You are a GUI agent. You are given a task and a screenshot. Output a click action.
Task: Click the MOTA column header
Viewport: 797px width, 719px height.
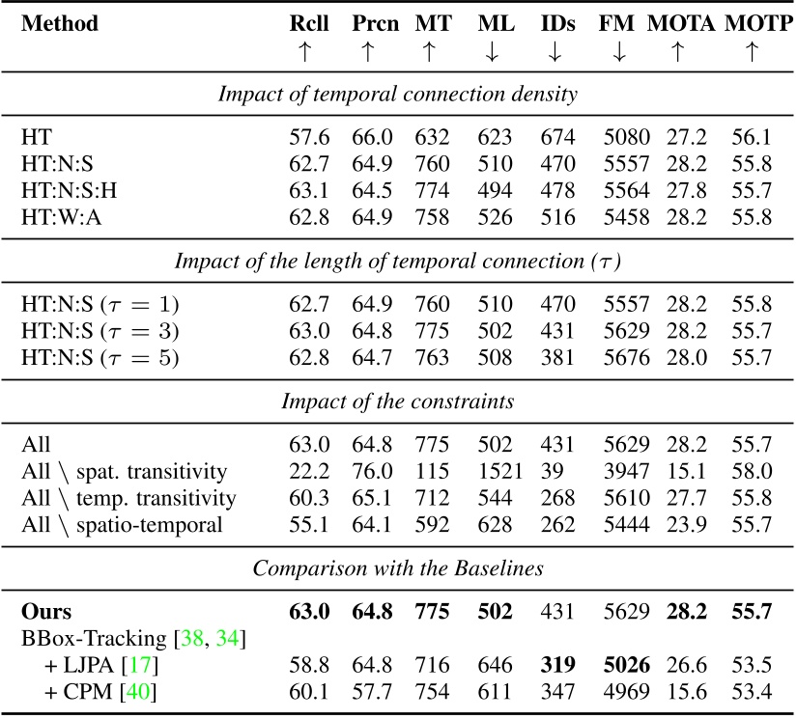pyautogui.click(x=676, y=23)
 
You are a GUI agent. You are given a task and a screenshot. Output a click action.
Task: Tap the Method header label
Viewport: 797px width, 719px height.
pyautogui.click(x=59, y=23)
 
